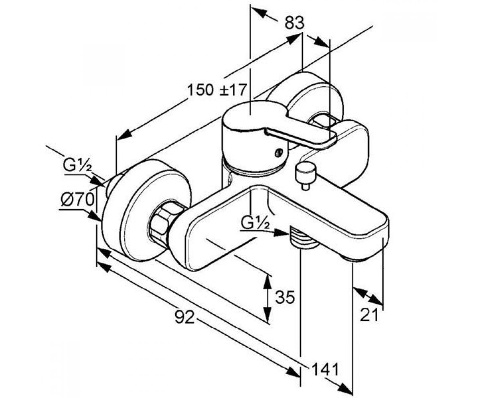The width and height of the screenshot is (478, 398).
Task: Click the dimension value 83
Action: pyautogui.click(x=294, y=23)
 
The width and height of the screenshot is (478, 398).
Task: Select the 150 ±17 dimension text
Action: pyautogui.click(x=217, y=90)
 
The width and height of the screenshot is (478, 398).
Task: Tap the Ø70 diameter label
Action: pyautogui.click(x=78, y=199)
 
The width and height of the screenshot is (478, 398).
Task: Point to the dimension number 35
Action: pyautogui.click(x=284, y=297)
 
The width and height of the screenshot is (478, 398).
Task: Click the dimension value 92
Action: pyautogui.click(x=185, y=317)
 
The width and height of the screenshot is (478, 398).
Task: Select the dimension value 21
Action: pyautogui.click(x=369, y=315)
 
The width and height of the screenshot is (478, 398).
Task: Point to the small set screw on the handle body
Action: pyautogui.click(x=278, y=152)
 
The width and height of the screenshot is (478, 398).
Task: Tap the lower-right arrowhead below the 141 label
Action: pyautogui.click(x=345, y=387)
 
